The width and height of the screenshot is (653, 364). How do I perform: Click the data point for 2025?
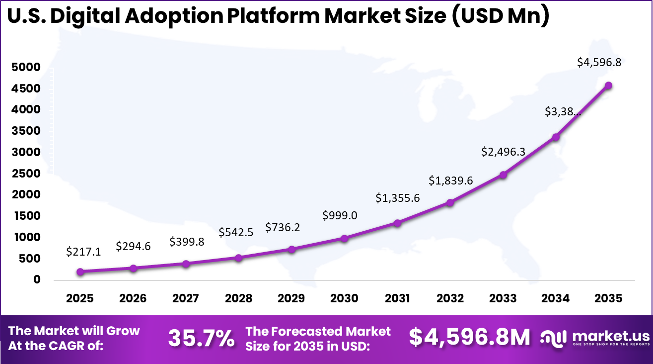click(x=80, y=272)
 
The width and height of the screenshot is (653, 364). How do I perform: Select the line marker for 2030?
click(x=344, y=238)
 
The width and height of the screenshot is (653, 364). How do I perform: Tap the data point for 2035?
click(x=608, y=86)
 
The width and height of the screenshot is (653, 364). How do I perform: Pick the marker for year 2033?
click(x=503, y=175)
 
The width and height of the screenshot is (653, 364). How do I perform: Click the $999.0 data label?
click(x=340, y=215)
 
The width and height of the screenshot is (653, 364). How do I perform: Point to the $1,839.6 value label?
click(x=451, y=181)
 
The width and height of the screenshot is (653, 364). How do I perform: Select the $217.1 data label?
click(x=83, y=252)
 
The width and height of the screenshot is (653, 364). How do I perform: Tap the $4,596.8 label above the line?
click(x=599, y=63)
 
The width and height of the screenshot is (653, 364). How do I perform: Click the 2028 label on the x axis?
click(x=238, y=298)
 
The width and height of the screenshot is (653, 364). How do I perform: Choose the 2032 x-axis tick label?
click(x=450, y=298)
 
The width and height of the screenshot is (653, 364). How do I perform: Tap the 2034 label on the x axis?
click(x=555, y=298)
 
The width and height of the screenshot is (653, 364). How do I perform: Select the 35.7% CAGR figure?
click(x=201, y=338)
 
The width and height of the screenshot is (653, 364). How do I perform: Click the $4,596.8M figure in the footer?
click(x=470, y=337)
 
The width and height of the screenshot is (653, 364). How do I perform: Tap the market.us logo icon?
click(x=553, y=338)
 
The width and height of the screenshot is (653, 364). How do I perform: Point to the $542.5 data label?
click(x=236, y=232)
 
